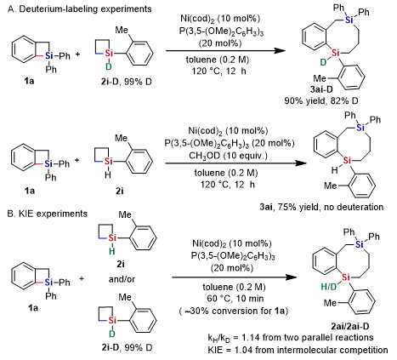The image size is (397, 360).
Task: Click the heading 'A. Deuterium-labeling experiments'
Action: click(80, 9)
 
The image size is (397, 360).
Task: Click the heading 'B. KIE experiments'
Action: click(48, 214)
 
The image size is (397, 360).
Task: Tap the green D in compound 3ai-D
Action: click(323, 62)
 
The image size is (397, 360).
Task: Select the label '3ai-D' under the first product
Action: click(321, 89)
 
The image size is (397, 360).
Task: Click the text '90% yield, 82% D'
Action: click(321, 100)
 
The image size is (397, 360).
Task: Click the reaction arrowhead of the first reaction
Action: click(280, 51)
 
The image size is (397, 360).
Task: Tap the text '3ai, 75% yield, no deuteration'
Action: click(321, 207)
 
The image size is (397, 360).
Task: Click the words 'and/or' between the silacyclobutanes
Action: click(122, 279)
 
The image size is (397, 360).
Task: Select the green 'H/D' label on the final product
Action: click(329, 287)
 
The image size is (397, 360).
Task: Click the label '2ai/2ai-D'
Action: click(350, 327)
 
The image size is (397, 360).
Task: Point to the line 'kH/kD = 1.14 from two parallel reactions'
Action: click(291, 338)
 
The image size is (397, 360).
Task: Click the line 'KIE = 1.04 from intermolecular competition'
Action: click(298, 350)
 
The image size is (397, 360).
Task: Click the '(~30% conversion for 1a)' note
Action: click(234, 311)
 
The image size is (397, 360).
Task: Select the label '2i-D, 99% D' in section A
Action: click(127, 82)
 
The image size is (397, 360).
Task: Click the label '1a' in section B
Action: click(33, 307)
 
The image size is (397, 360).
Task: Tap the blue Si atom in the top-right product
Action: click(349, 20)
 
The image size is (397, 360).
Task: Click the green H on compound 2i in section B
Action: click(112, 251)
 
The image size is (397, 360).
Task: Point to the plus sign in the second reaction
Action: click(77, 161)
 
